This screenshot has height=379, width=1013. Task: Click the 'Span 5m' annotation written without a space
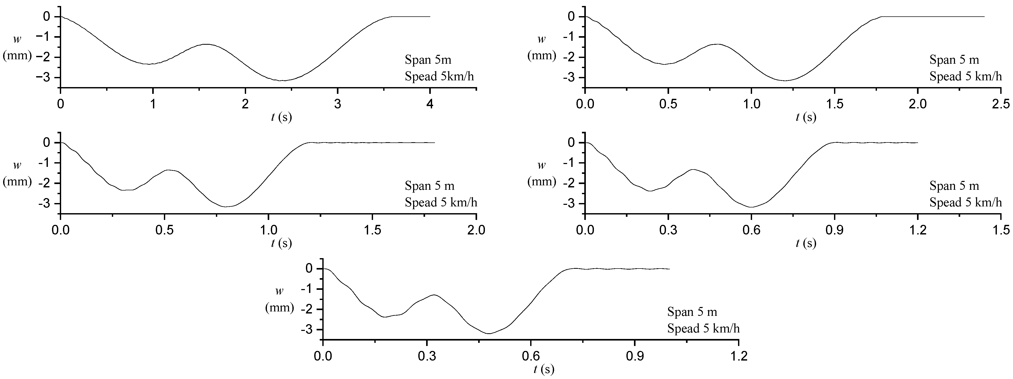(x=428, y=60)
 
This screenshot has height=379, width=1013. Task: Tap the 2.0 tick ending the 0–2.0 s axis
(x=476, y=230)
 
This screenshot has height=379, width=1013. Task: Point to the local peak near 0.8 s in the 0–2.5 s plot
(x=718, y=44)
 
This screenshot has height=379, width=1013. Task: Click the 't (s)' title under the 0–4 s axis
(x=281, y=117)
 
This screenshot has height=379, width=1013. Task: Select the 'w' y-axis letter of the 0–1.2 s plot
(x=279, y=291)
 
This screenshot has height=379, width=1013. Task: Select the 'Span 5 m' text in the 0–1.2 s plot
(x=692, y=312)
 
